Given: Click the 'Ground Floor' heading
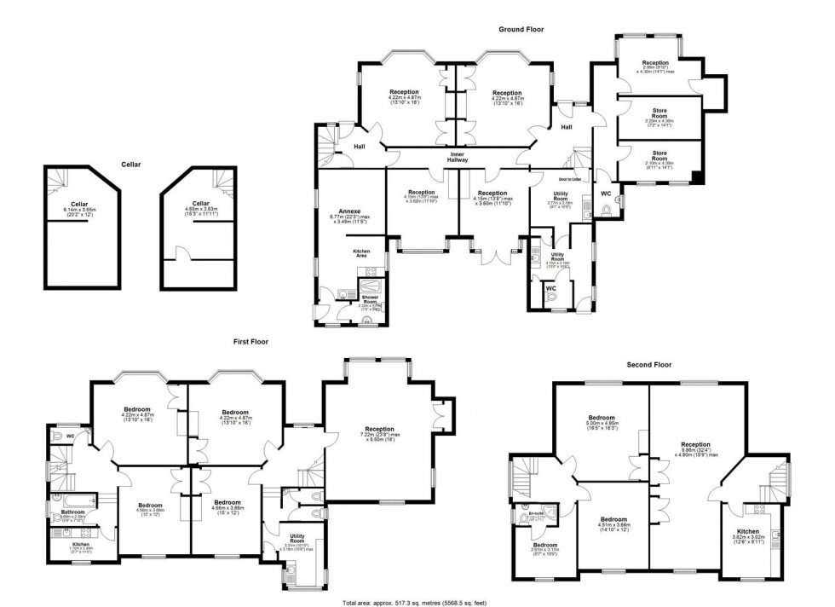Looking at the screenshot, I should (521, 29).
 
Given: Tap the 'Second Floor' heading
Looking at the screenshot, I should (650, 364).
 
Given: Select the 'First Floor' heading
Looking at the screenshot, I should (251, 341).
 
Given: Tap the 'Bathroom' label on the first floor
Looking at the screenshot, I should (72, 512).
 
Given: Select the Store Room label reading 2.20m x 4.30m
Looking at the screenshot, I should (659, 116).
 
